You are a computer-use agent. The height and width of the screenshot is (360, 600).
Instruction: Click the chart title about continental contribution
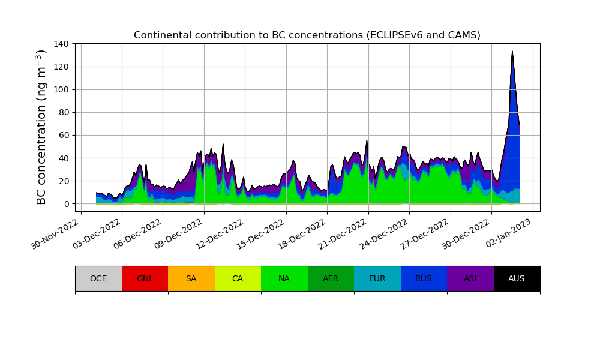(x=307, y=35)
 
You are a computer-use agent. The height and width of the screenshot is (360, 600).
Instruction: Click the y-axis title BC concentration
(x=41, y=127)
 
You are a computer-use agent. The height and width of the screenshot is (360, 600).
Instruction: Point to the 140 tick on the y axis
(x=62, y=44)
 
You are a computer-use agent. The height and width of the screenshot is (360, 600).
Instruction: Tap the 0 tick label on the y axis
(x=67, y=204)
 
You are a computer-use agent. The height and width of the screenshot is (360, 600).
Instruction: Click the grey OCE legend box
(x=98, y=278)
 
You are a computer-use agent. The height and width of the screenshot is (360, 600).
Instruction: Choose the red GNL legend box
(x=145, y=278)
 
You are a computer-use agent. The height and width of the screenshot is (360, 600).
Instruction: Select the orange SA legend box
(x=191, y=278)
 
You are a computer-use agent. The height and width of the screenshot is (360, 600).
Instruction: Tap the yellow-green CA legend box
(x=238, y=278)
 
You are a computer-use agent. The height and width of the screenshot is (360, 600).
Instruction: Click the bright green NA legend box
(x=284, y=278)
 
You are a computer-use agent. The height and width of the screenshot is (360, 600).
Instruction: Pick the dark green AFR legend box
(x=331, y=278)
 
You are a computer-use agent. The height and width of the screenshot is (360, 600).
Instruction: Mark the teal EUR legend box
(x=377, y=278)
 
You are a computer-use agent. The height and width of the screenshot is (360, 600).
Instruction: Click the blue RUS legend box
(x=424, y=278)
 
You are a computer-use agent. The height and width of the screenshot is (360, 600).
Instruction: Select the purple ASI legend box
(x=470, y=278)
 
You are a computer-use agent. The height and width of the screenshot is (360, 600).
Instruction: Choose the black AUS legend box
(x=517, y=278)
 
